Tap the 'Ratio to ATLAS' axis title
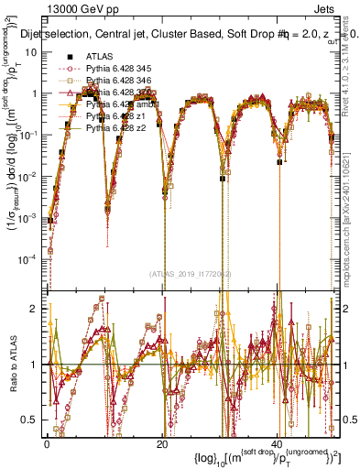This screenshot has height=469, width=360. tap(10, 365)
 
